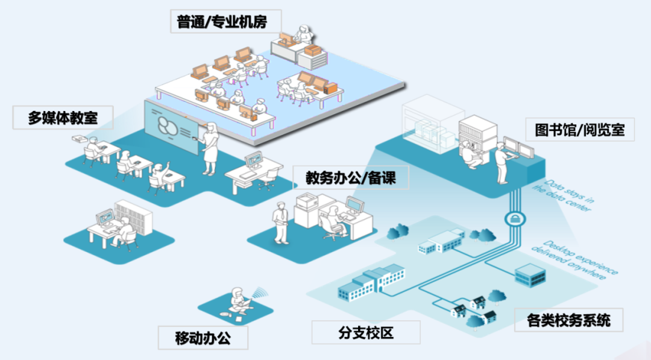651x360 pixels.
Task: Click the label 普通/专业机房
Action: click(x=221, y=23)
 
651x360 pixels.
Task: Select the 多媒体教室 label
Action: click(x=63, y=117)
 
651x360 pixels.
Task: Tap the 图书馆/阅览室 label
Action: click(x=579, y=129)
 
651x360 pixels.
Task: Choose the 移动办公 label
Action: click(x=203, y=337)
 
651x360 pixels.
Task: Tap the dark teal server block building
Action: click(x=530, y=276)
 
